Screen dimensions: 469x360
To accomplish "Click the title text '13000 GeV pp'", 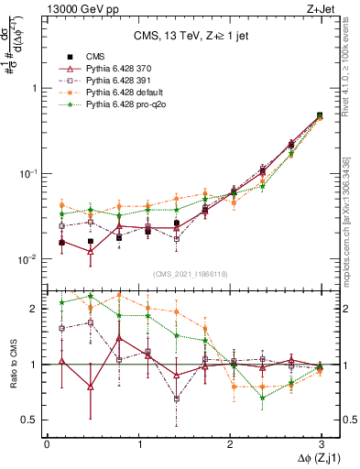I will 77,9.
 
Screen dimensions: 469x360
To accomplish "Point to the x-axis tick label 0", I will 47,443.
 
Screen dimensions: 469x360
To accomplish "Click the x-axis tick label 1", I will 138,443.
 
